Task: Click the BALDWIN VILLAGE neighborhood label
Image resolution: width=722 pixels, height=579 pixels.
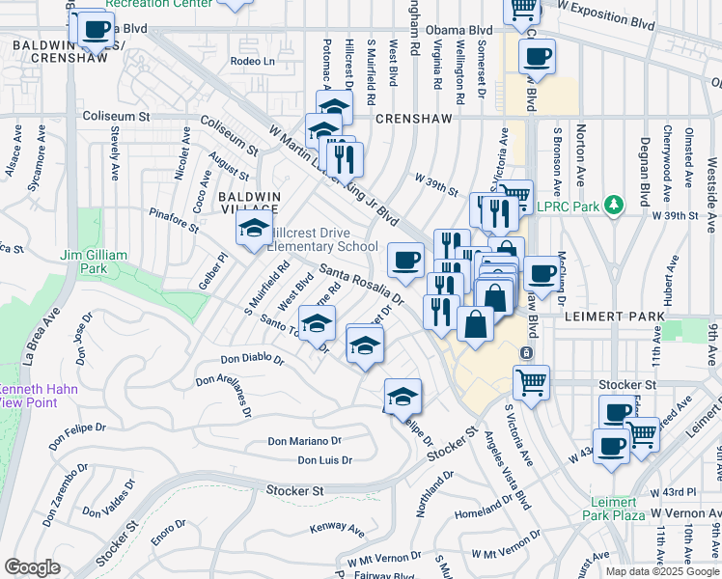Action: coord(248,203)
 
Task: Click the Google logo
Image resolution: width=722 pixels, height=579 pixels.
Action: coord(32,567)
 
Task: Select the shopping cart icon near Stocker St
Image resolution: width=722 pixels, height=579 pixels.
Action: coord(531,382)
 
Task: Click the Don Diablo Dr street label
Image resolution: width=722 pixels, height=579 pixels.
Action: coord(252,359)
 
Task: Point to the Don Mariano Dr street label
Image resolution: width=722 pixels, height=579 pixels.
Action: coord(304,441)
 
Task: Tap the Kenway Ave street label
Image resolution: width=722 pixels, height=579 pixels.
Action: coord(337,529)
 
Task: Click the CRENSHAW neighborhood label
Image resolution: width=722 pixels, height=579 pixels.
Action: coord(413,118)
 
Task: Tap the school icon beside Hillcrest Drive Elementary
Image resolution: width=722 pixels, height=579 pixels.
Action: coord(254,229)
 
